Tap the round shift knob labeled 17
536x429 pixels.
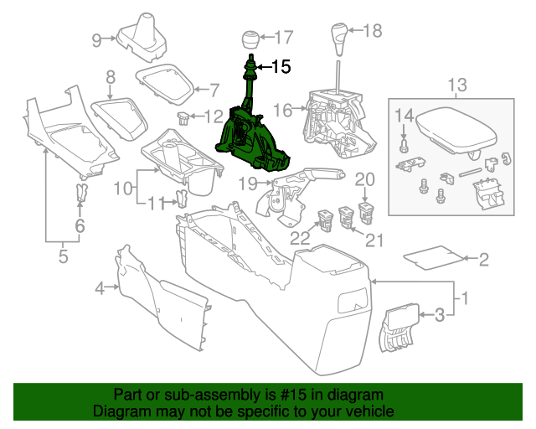(250, 39)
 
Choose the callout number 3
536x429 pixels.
(438, 315)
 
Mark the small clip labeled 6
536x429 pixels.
(80, 196)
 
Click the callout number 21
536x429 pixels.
(374, 241)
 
